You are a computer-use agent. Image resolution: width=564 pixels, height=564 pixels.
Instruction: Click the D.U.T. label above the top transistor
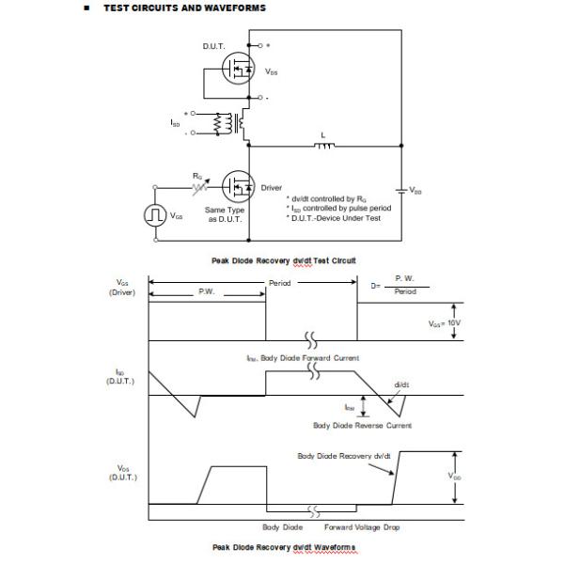213,46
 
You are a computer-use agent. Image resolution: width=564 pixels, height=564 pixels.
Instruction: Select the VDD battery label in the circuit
415,191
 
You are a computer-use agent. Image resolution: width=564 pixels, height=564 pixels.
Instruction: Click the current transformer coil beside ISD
224,124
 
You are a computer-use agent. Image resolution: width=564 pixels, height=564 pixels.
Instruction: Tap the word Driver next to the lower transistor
271,188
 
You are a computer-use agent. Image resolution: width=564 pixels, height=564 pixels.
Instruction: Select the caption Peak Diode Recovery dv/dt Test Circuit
283,259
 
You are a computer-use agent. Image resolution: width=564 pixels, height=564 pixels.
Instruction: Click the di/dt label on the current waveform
401,384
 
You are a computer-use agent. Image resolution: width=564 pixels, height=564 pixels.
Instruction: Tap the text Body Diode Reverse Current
362,425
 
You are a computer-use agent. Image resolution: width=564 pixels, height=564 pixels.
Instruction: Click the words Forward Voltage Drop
362,527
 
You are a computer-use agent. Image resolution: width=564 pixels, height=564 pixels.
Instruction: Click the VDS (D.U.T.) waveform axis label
123,472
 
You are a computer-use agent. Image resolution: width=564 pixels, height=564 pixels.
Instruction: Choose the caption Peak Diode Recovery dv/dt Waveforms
283,547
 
